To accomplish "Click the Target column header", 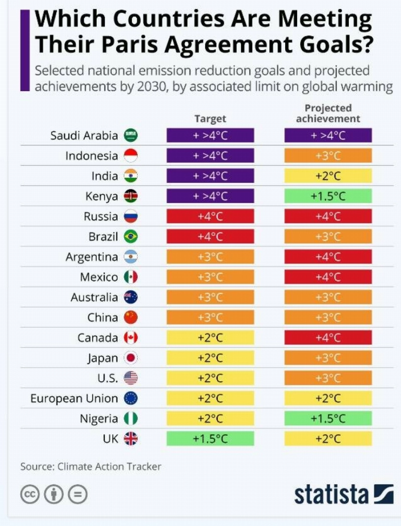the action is [211, 118].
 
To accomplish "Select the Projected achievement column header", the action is [328, 113].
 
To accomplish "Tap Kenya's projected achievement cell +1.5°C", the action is [328, 196].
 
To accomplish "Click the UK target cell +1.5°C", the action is [211, 438].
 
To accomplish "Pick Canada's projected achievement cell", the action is [328, 338].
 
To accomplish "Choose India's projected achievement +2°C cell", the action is [328, 176].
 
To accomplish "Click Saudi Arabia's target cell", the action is [211, 135].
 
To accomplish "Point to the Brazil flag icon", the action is [130, 236].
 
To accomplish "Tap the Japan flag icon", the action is [130, 358].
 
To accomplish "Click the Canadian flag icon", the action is [130, 338].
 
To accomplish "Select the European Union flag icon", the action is [130, 398].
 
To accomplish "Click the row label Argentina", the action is [92, 257].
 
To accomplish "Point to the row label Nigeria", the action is [99, 419].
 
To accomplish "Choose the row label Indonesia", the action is [92, 156].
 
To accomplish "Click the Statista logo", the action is [344, 494].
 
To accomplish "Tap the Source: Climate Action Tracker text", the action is [91, 466].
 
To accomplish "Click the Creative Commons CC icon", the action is [30, 494].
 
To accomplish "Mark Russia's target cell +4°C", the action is [211, 216].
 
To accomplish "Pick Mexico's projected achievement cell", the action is [328, 277].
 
